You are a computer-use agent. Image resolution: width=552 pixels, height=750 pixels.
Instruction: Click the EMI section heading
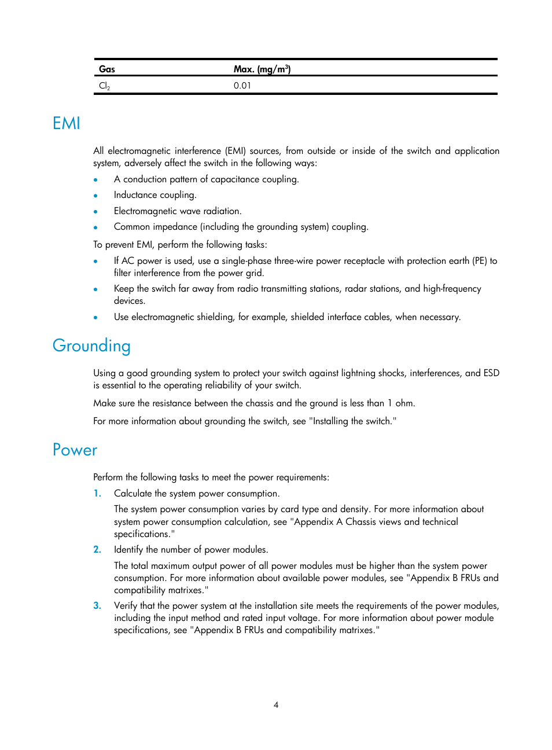point(66,123)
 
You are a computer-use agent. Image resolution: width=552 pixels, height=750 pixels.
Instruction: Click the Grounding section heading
point(91,345)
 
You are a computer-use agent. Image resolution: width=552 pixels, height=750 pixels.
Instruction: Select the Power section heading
point(75,450)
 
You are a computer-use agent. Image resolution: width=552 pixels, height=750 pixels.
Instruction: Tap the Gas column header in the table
point(107,69)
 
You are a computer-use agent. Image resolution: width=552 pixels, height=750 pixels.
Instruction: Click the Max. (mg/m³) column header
point(262,69)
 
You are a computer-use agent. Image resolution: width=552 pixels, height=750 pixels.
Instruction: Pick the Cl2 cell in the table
point(104,86)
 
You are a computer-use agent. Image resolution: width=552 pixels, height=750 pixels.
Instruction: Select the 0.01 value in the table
point(242,86)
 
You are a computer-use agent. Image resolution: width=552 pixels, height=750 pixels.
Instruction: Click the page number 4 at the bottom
point(276,705)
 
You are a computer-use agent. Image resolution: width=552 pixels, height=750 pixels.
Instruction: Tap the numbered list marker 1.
point(97,494)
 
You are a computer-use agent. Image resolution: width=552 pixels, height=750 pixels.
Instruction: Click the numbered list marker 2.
point(97,550)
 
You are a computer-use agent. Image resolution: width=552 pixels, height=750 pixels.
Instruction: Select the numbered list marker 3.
point(97,606)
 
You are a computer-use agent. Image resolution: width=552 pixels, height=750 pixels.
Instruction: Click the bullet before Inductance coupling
point(95,196)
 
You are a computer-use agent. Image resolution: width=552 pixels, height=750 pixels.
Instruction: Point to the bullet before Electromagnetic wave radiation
point(95,212)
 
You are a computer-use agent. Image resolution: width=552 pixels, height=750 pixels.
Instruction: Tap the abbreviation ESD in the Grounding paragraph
point(491,373)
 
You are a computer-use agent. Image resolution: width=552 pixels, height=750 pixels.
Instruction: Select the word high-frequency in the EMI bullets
point(452,289)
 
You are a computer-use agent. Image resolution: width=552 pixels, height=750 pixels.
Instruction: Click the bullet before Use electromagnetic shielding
point(95,318)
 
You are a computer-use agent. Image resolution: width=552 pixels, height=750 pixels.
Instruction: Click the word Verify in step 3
point(126,606)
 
